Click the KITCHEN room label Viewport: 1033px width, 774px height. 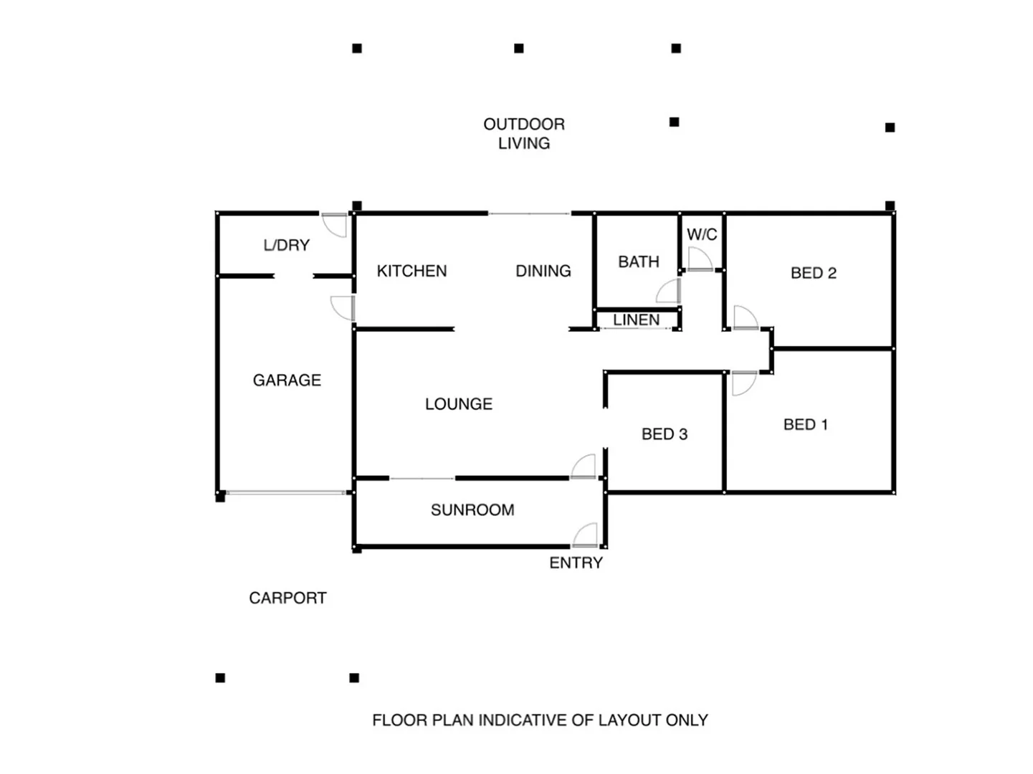pyautogui.click(x=411, y=271)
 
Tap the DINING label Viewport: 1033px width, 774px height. pyautogui.click(x=543, y=271)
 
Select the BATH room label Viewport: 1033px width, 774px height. pyautogui.click(x=638, y=262)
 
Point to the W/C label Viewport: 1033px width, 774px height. pyautogui.click(x=702, y=234)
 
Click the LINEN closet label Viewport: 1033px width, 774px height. pyautogui.click(x=636, y=320)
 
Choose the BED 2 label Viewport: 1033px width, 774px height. pyautogui.click(x=813, y=273)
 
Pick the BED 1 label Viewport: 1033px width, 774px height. pyautogui.click(x=805, y=424)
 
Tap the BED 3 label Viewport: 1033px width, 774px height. pyautogui.click(x=664, y=434)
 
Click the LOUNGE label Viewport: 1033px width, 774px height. pyautogui.click(x=459, y=404)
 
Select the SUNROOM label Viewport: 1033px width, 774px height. pyautogui.click(x=472, y=510)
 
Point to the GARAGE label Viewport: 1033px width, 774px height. pyautogui.click(x=287, y=380)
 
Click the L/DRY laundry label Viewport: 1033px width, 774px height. pyautogui.click(x=287, y=245)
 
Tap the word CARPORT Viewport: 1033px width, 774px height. pyautogui.click(x=287, y=598)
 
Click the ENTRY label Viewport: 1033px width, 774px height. pyautogui.click(x=576, y=563)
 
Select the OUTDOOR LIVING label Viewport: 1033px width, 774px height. pyautogui.click(x=524, y=133)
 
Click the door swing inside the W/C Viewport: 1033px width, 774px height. pyautogui.click(x=698, y=259)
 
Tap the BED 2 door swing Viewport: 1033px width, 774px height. pyautogui.click(x=744, y=317)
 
